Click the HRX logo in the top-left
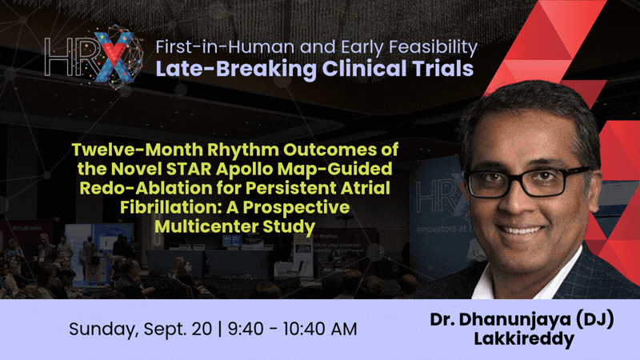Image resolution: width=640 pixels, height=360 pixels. click(94, 57)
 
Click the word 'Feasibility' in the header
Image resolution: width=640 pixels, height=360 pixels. click(433, 48)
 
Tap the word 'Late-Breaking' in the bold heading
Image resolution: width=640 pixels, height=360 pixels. click(236, 69)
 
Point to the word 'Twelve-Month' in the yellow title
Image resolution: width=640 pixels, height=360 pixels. click(138, 150)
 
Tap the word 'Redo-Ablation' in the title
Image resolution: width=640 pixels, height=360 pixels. click(146, 188)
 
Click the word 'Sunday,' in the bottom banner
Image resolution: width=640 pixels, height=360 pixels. click(104, 330)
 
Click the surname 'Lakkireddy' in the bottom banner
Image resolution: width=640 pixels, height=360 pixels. click(524, 339)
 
